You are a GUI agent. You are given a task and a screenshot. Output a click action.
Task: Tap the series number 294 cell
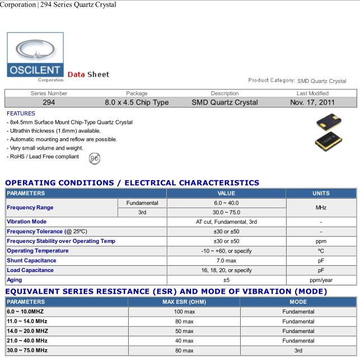coord(49,102)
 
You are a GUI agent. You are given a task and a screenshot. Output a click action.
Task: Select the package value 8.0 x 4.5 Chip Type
coord(137,102)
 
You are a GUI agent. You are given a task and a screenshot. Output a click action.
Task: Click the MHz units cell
coord(321,207)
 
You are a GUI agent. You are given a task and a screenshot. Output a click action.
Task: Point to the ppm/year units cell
coord(321,279)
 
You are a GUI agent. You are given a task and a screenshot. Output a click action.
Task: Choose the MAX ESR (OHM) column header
coord(184,302)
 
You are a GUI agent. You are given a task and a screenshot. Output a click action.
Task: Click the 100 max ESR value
coord(184,312)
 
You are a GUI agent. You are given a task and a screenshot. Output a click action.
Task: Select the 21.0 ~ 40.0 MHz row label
coord(27,341)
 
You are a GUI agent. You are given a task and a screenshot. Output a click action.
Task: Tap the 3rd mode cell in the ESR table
coord(298,350)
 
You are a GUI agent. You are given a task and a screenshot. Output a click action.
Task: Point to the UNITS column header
coord(321,193)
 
